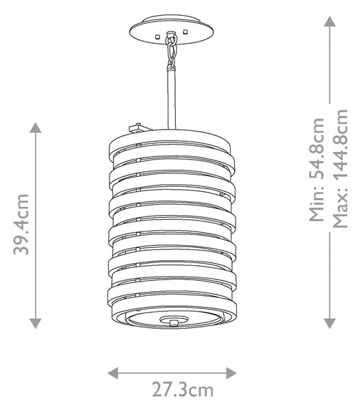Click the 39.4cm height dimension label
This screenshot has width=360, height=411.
pyautogui.click(x=21, y=225)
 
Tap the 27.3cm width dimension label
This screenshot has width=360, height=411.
pyautogui.click(x=183, y=390)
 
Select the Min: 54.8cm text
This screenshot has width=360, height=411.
pyautogui.click(x=316, y=170)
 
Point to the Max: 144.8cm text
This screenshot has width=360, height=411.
pyautogui.click(x=340, y=169)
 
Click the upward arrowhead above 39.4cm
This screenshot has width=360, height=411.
pyautogui.click(x=36, y=127)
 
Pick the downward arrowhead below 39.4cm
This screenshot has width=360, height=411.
pyautogui.click(x=36, y=323)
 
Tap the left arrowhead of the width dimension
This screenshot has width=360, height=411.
pyautogui.click(x=113, y=373)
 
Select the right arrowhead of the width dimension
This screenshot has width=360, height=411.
pyautogui.click(x=231, y=373)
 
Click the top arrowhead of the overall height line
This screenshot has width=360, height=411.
pyautogui.click(x=330, y=21)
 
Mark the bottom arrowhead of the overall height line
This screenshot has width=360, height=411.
pyautogui.click(x=330, y=323)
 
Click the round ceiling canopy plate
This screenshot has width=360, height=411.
pyautogui.click(x=172, y=29)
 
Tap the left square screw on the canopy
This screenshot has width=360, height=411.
pyautogui.click(x=157, y=36)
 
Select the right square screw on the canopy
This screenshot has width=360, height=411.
pyautogui.click(x=185, y=32)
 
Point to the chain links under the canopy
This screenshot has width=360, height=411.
pyautogui.click(x=171, y=51)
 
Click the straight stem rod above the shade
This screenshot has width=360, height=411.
pyautogui.click(x=172, y=98)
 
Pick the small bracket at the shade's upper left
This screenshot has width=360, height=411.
pyautogui.click(x=139, y=128)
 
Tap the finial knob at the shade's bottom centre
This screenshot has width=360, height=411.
pyautogui.click(x=173, y=322)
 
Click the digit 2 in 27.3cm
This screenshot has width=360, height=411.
pyautogui.click(x=157, y=390)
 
